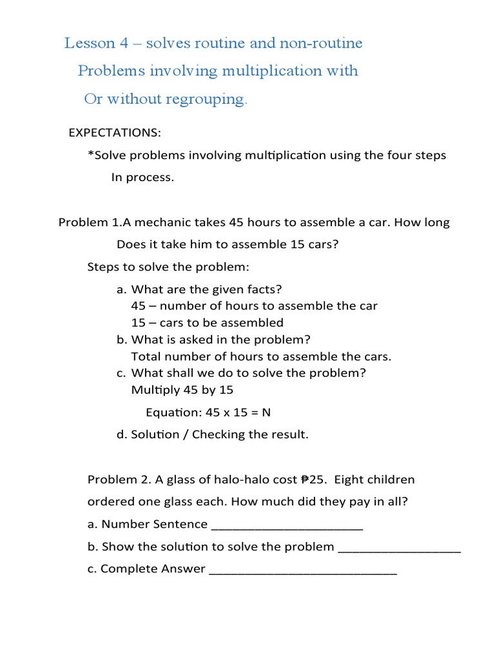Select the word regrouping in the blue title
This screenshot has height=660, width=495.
[x=209, y=99]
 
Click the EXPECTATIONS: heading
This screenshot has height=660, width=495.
[x=115, y=133]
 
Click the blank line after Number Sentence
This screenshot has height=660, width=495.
[x=287, y=527]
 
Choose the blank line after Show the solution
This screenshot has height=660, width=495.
[x=400, y=549]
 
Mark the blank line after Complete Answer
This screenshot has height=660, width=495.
[x=303, y=571]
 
